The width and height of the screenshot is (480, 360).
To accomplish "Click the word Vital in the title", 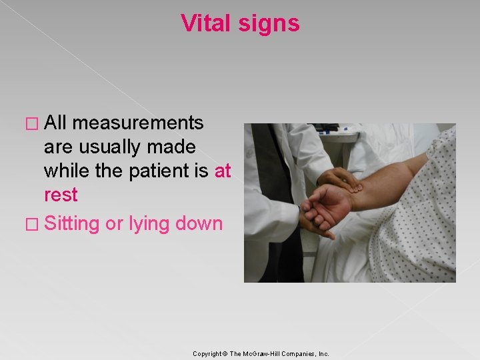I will click(x=204, y=23).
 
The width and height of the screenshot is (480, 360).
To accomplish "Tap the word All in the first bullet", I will click(x=56, y=123).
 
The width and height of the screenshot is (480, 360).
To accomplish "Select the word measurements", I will click(x=138, y=123).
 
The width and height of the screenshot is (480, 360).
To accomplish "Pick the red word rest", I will click(x=61, y=195).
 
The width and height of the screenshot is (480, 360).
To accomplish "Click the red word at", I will click(x=223, y=171).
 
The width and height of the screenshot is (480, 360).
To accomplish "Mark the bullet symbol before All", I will click(x=33, y=123).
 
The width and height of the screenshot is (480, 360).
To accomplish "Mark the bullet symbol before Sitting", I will click(x=33, y=224).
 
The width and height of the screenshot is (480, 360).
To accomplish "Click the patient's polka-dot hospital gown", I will click(x=413, y=227).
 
